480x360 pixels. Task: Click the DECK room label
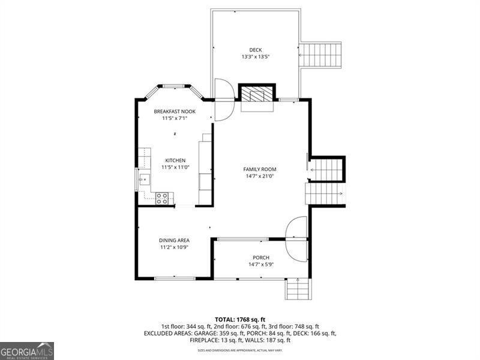click(256, 50)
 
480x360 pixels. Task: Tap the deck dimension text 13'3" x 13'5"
click(256, 57)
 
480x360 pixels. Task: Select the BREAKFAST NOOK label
click(175, 112)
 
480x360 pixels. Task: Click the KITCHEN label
click(175, 161)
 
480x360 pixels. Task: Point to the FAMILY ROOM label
click(259, 169)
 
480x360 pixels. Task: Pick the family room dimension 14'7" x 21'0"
click(259, 176)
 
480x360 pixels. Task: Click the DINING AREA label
click(175, 240)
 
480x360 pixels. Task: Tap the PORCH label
click(261, 257)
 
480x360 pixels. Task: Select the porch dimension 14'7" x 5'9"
click(261, 265)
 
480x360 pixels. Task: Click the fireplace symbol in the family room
click(257, 94)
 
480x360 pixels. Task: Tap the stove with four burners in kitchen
click(162, 198)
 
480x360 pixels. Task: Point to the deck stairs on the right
click(320, 56)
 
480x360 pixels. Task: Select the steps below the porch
click(298, 290)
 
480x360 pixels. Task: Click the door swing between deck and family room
click(224, 99)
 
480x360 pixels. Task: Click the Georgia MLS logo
click(27, 350)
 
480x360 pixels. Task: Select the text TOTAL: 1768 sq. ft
click(240, 319)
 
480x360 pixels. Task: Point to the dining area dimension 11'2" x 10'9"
click(175, 247)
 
